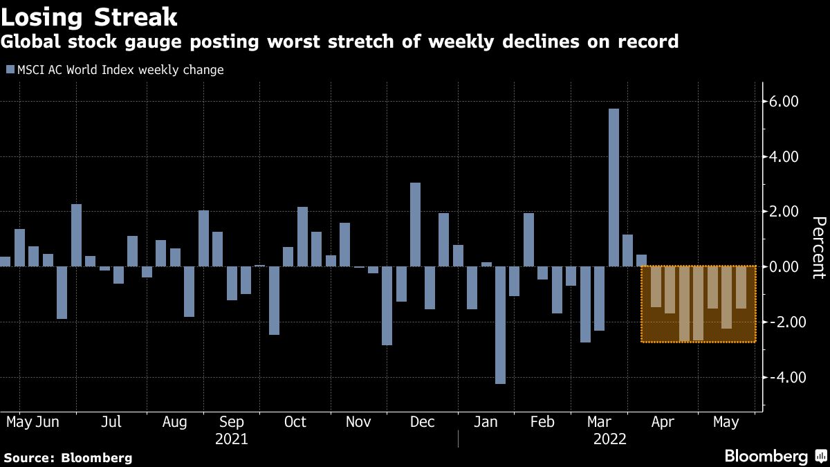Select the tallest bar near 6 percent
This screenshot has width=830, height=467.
pyautogui.click(x=614, y=187)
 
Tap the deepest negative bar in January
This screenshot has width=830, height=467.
pyautogui.click(x=500, y=324)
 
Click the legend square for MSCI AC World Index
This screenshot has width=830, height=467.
pyautogui.click(x=10, y=70)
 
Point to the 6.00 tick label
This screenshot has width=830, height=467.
pyautogui.click(x=785, y=102)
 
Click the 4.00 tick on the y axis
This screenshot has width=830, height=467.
pyautogui.click(x=785, y=157)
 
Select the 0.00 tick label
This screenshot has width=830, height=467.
pyautogui.click(x=785, y=267)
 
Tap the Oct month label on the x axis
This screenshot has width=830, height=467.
pyautogui.click(x=295, y=422)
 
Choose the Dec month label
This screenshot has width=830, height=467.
pyautogui.click(x=423, y=422)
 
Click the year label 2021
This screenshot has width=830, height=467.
pyautogui.click(x=232, y=439)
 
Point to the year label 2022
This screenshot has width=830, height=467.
pyautogui.click(x=609, y=439)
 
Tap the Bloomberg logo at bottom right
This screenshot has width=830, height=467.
pyautogui.click(x=774, y=456)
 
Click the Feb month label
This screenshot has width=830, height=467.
pyautogui.click(x=542, y=422)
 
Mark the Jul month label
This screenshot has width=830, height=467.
pyautogui.click(x=111, y=422)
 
